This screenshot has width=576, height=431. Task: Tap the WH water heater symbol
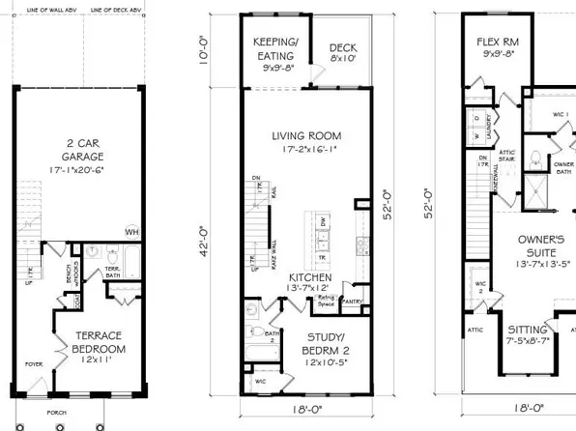point(130,231)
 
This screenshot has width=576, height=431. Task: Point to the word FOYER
point(34,365)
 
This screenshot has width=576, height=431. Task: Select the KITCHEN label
point(329,276)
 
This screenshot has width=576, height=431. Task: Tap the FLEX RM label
point(500,43)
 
